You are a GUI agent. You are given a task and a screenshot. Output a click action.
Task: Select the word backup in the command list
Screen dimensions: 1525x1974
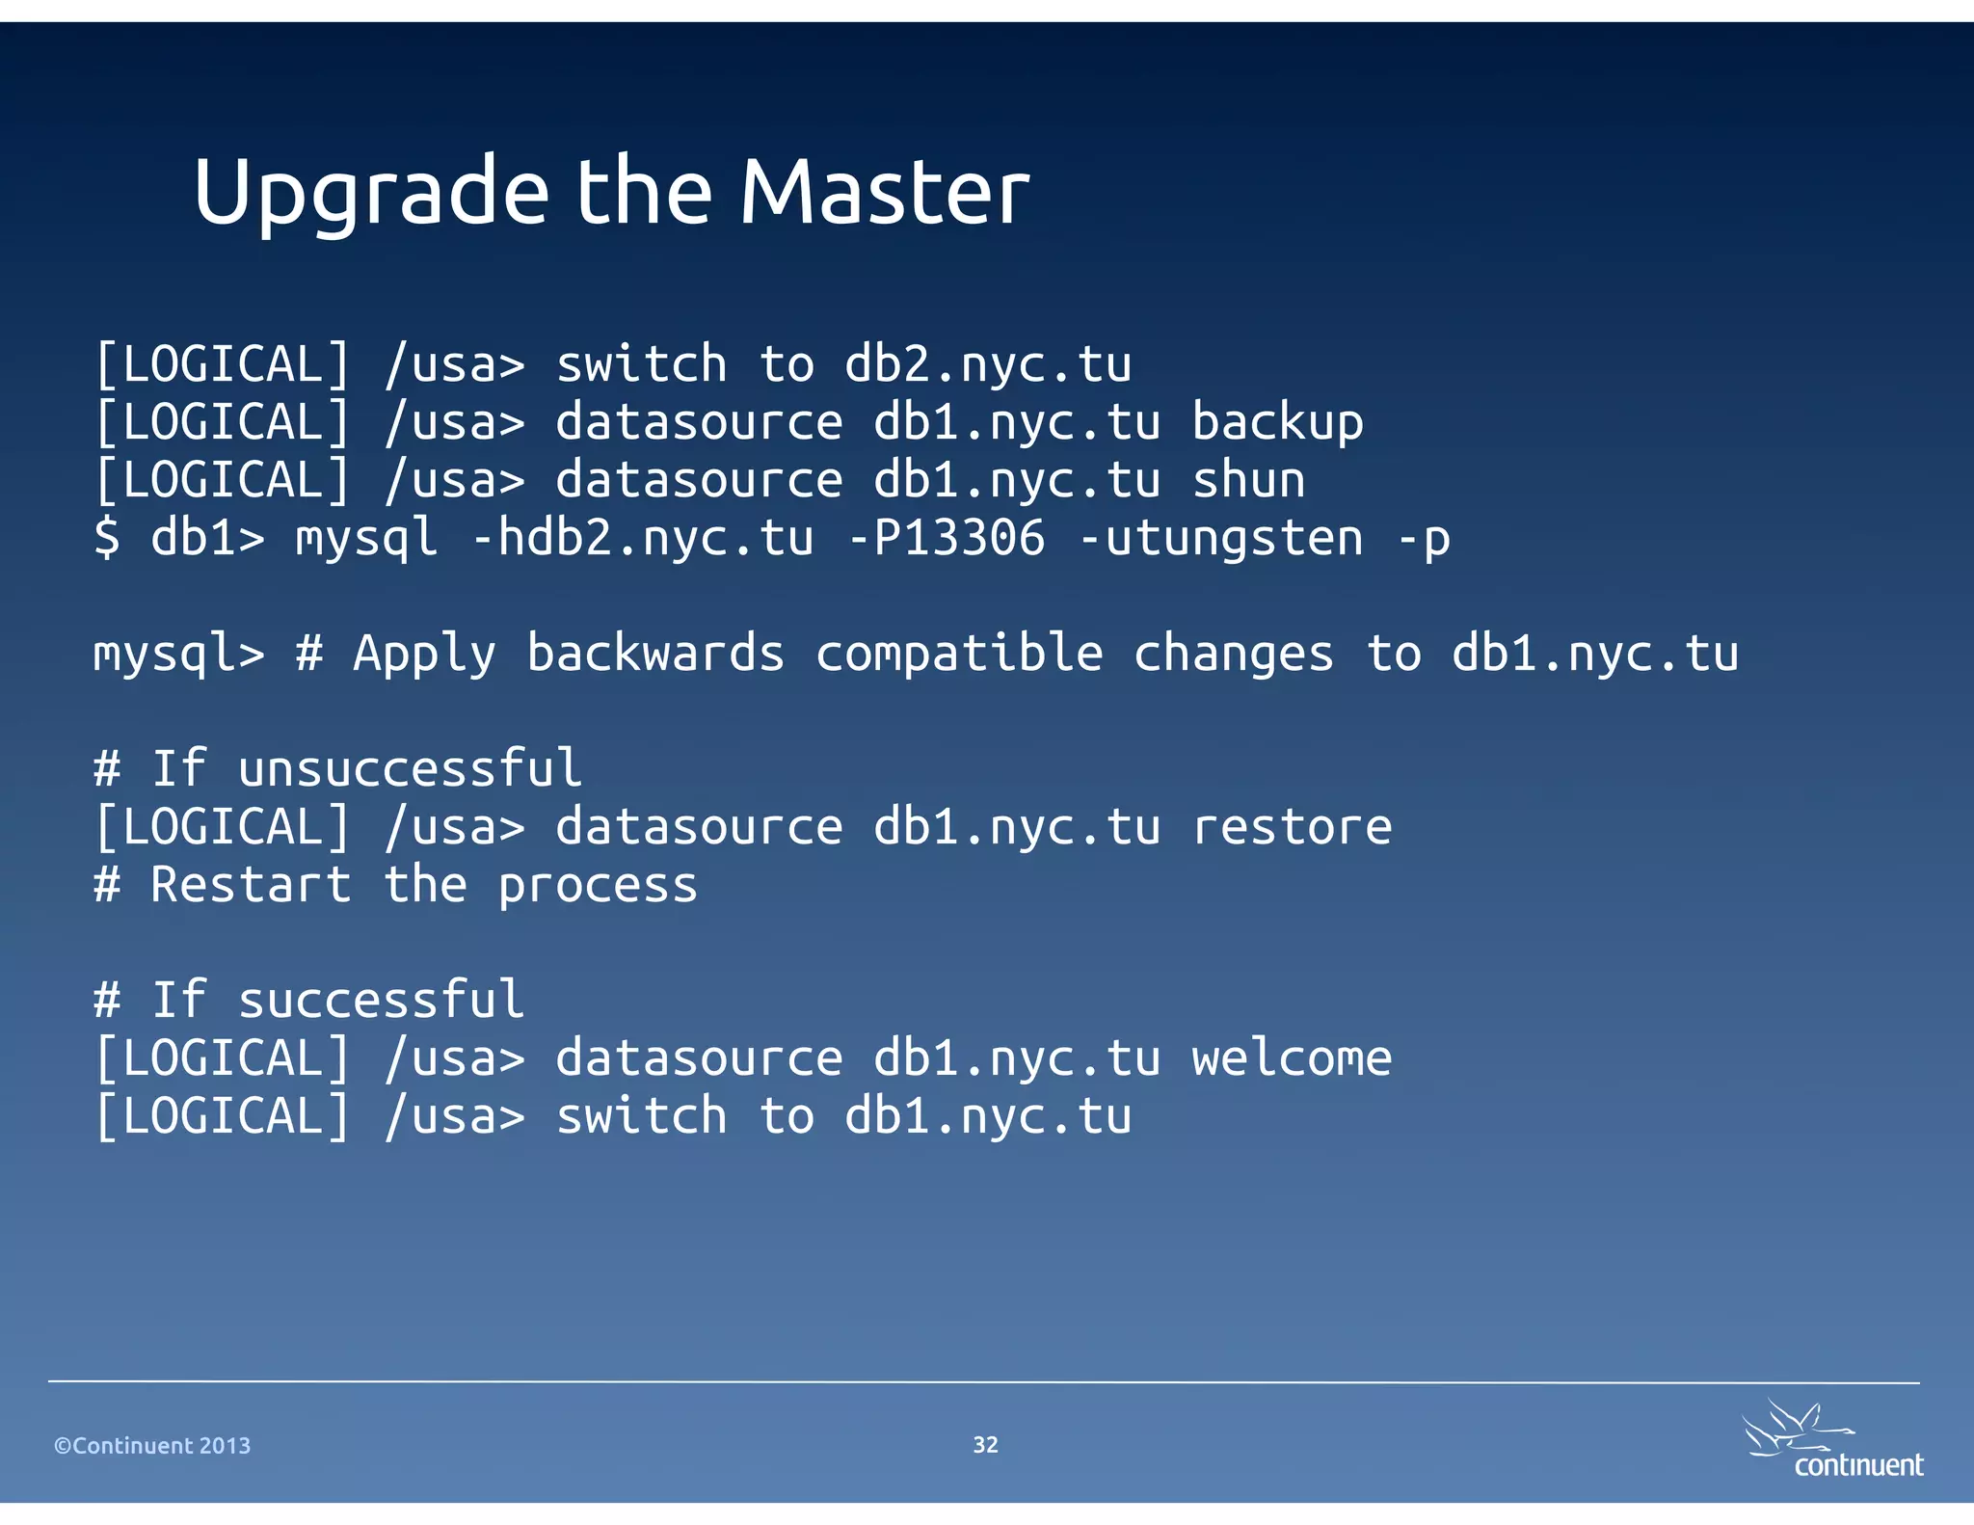click(1277, 423)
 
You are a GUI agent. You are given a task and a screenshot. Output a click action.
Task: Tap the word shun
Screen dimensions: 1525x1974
click(1248, 481)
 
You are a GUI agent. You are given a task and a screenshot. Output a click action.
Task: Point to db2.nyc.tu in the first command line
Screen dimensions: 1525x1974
click(988, 365)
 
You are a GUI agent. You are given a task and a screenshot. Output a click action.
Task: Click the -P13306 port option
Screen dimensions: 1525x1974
click(946, 538)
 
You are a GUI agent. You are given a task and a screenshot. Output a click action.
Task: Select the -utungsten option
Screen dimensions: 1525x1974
click(1220, 538)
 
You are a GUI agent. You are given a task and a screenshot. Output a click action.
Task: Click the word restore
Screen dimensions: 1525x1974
click(1292, 827)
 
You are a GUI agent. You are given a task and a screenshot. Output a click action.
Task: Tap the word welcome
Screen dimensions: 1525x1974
click(1292, 1058)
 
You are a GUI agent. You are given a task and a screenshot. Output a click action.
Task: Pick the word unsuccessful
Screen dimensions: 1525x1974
click(410, 769)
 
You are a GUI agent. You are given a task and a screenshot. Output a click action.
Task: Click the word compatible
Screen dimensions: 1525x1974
click(959, 655)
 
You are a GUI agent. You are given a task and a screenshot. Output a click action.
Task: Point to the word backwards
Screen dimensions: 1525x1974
click(655, 655)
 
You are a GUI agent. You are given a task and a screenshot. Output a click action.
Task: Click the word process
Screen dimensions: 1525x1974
click(598, 886)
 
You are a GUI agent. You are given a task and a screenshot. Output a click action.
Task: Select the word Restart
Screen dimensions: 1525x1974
click(251, 885)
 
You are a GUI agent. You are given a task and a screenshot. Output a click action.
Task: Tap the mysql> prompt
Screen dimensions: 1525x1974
click(178, 655)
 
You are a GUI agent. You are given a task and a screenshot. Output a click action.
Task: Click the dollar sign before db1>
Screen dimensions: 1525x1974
click(107, 538)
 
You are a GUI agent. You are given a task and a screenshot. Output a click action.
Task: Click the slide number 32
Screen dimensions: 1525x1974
click(985, 1444)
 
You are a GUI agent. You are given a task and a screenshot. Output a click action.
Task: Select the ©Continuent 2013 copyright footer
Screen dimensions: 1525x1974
click(152, 1445)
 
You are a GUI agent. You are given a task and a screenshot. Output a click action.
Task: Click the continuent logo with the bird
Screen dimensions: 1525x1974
click(1831, 1441)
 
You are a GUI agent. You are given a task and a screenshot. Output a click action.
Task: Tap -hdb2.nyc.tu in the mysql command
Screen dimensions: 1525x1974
click(642, 538)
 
